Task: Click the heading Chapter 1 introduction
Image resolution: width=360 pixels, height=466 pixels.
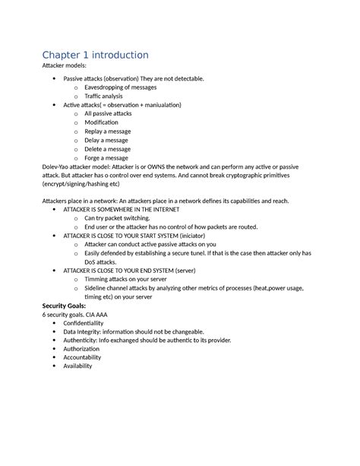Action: pos(95,55)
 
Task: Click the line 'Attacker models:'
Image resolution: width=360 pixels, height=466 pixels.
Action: pos(65,68)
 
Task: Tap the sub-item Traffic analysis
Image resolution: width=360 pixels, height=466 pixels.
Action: pos(103,97)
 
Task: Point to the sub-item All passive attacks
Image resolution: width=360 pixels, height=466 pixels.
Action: pos(108,113)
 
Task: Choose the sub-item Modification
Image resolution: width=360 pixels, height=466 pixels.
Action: pos(101,122)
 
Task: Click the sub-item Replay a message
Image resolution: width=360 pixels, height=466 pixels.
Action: pos(106,132)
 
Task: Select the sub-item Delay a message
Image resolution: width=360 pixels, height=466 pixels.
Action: pos(105,141)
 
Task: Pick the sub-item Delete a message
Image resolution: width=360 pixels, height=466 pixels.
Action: pos(106,149)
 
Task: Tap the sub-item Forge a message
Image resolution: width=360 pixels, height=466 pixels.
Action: pos(106,158)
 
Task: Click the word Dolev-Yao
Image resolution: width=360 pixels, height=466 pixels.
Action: pos(55,167)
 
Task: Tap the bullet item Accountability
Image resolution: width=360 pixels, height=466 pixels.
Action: pos(87,357)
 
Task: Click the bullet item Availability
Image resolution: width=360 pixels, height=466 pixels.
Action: pos(77,366)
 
